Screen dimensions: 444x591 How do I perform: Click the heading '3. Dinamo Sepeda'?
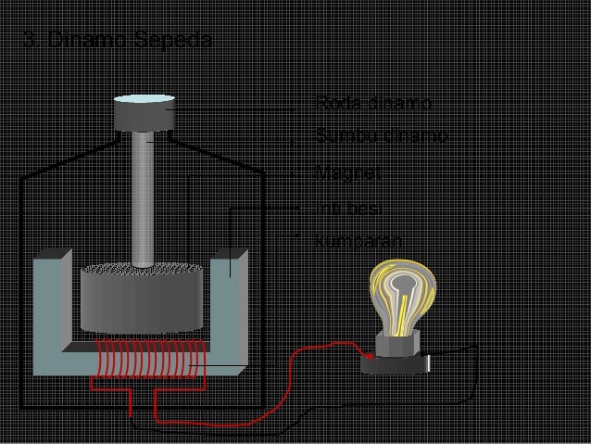click(117, 42)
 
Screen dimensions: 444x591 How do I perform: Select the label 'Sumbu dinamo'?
click(382, 136)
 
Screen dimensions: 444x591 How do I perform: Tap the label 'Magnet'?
click(342, 172)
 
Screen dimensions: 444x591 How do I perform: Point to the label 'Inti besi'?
click(344, 206)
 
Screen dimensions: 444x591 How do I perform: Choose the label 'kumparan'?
click(358, 240)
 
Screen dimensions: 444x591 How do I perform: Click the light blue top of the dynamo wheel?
click(145, 99)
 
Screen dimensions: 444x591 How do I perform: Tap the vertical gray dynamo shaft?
click(144, 199)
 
